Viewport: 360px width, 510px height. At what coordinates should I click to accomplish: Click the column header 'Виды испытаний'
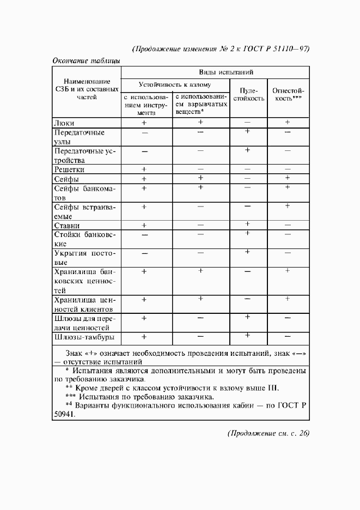tap(225, 72)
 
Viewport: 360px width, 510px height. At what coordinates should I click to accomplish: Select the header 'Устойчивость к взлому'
tap(175, 85)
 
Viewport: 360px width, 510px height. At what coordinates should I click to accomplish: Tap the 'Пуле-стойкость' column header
tap(248, 95)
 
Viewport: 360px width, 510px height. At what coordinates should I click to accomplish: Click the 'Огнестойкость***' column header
tap(288, 95)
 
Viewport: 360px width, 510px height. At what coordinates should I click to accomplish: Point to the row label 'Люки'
tap(64, 123)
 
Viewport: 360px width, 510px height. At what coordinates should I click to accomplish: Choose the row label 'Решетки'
tap(69, 169)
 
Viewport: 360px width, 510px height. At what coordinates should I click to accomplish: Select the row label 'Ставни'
tap(67, 225)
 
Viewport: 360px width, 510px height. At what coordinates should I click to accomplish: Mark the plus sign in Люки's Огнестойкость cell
tap(288, 123)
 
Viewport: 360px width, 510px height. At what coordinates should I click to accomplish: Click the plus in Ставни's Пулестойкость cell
tap(247, 224)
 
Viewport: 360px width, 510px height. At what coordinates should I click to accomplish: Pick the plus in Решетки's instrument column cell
tap(144, 169)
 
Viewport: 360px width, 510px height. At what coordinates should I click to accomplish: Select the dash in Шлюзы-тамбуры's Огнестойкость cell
tap(288, 336)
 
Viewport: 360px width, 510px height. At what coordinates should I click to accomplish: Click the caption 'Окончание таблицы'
tap(86, 61)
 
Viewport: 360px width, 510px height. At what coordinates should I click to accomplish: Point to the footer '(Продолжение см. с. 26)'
tap(267, 434)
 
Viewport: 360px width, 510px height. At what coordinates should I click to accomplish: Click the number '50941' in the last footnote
tap(64, 414)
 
